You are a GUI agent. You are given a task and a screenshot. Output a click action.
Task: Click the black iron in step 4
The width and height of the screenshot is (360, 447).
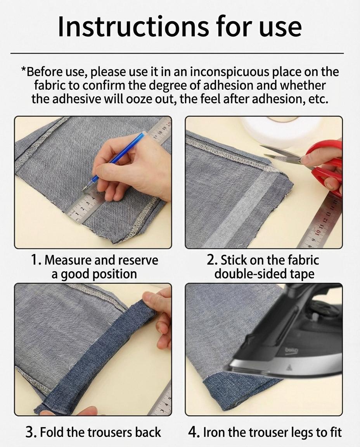pos(295,338)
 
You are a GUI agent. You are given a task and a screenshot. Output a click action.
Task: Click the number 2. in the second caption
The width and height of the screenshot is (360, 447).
pos(212,260)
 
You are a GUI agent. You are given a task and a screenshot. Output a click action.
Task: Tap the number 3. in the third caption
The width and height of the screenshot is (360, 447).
pos(31,432)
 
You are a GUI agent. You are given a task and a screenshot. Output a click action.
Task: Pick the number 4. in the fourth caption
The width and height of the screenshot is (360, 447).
pos(193,432)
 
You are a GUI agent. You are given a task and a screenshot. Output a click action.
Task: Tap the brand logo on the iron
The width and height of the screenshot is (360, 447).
pos(291,351)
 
